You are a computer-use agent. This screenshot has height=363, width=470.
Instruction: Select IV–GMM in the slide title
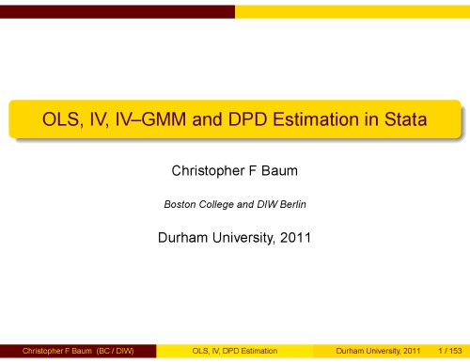[144, 121]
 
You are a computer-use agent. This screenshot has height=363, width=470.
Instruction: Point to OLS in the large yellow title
[52, 121]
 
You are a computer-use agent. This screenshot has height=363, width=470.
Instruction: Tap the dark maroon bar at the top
[117, 10]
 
